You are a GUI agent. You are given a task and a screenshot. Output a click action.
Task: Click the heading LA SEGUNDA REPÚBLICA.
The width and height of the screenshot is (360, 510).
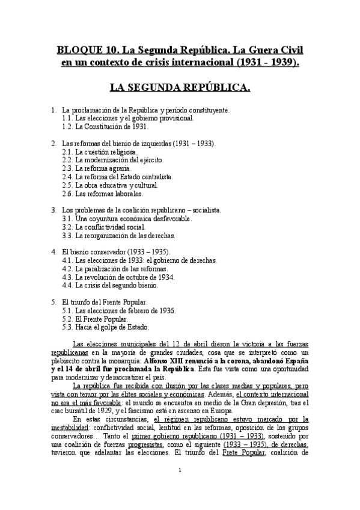(x=180, y=88)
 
